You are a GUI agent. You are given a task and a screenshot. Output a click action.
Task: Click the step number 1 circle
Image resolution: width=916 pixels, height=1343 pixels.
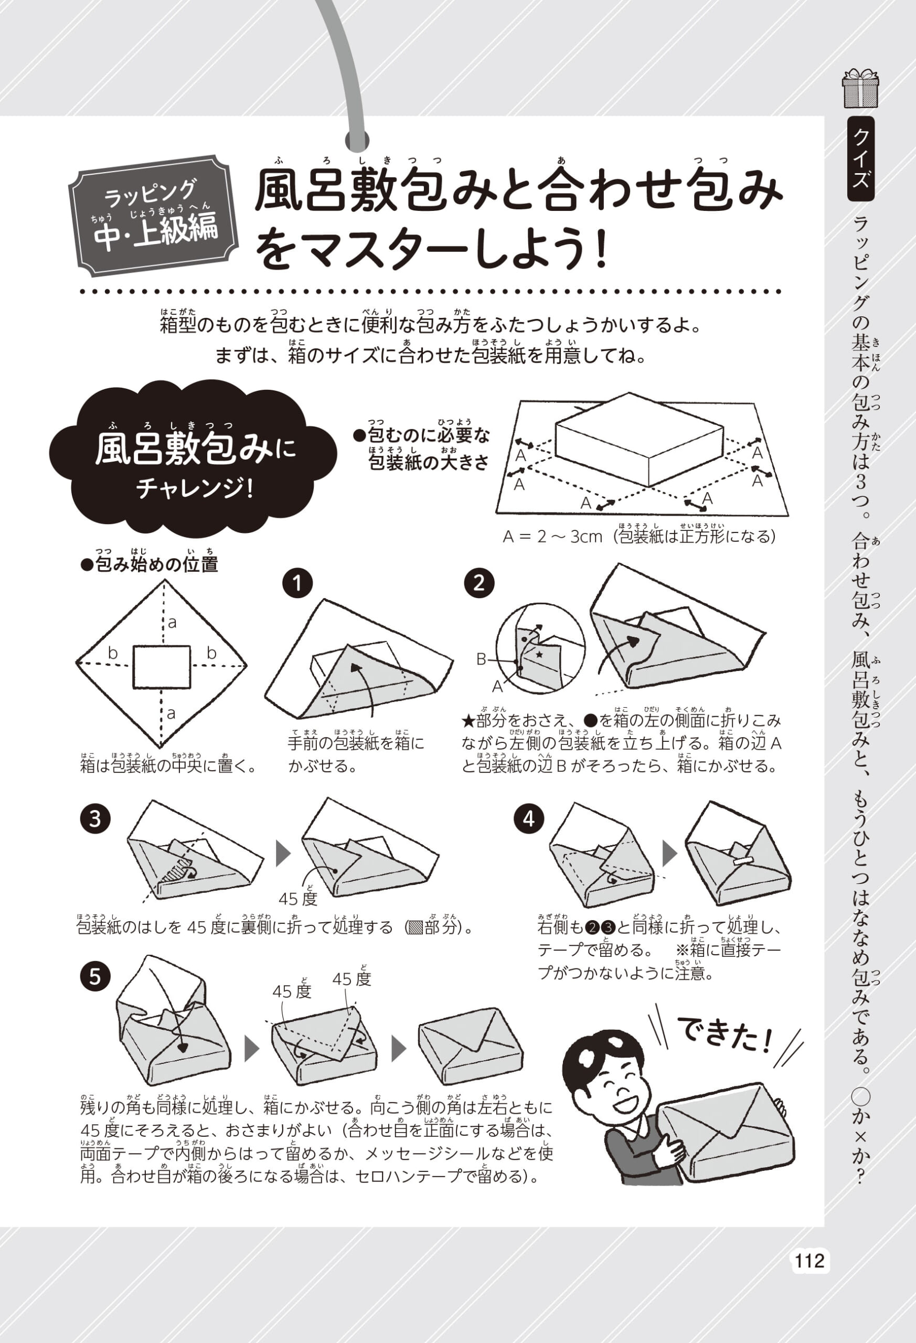[297, 583]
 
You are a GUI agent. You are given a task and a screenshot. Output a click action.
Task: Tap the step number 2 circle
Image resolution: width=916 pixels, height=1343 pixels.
[479, 583]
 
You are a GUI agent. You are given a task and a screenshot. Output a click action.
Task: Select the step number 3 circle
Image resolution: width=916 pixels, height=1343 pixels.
[95, 819]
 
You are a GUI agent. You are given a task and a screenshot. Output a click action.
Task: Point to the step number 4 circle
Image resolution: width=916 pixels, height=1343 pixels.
[529, 819]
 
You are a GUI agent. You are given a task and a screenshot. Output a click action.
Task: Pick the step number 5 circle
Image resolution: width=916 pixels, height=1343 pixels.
[95, 977]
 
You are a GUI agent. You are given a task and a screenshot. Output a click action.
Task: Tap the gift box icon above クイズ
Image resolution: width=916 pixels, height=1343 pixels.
[860, 89]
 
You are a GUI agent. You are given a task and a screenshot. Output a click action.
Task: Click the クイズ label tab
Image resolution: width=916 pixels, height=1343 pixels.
[860, 159]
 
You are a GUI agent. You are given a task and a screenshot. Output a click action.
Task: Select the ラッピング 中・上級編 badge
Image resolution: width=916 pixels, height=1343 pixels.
[153, 216]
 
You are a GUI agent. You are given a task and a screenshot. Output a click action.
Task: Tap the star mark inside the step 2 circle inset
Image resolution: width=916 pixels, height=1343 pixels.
[540, 654]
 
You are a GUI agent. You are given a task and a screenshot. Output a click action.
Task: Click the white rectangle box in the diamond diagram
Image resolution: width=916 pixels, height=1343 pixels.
[162, 667]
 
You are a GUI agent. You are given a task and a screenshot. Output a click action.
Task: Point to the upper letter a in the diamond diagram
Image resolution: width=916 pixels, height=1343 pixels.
[172, 623]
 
